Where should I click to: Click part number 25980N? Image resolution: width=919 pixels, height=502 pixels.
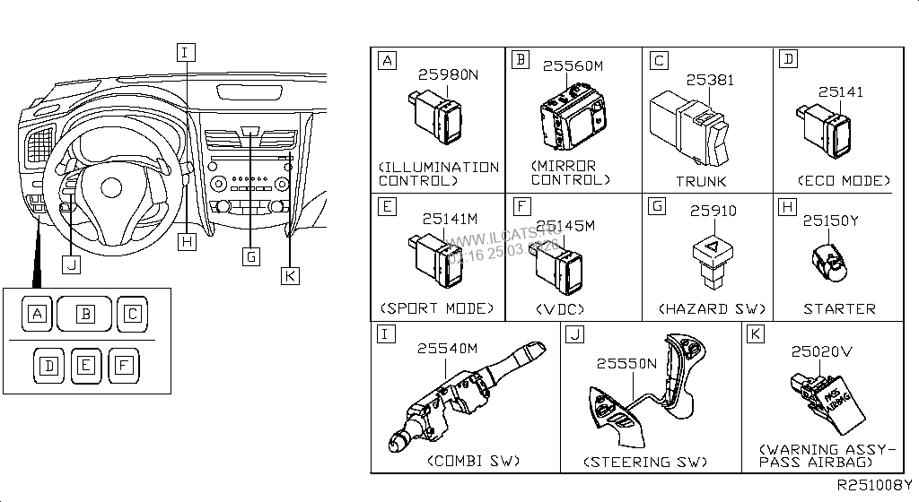pos(449,74)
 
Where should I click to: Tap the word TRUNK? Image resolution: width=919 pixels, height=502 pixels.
pos(701,180)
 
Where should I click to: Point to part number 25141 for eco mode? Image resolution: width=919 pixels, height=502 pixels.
pos(840,91)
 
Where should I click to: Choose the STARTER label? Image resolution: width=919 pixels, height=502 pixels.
pos(839,308)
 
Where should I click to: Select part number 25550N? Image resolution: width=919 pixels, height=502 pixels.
pos(627,363)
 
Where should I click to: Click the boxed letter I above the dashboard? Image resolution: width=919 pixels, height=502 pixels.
pos(184,52)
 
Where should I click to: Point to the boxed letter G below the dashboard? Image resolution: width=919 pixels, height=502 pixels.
pos(251,256)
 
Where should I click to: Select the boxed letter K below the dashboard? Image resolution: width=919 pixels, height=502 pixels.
pos(289,275)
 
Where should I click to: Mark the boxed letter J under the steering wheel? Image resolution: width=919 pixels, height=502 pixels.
pos(71,264)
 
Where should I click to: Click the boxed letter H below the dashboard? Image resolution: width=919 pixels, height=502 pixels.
pos(186,241)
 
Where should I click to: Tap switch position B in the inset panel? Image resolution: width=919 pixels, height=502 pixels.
pos(85,314)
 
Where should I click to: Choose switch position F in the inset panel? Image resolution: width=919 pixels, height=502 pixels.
pos(123,365)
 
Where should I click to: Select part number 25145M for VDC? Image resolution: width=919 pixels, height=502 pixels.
pos(565,225)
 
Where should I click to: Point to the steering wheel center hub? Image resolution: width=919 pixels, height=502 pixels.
pos(111,187)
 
